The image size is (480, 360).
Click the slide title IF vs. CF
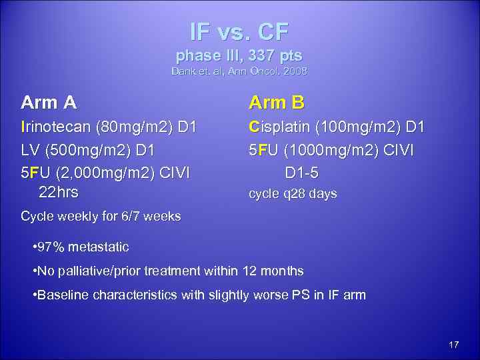pos(239,31)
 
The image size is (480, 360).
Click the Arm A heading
pos(49,103)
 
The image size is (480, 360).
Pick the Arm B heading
pos(277,103)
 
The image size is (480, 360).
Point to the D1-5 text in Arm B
pos(301,173)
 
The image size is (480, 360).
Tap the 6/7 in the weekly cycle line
pos(127,216)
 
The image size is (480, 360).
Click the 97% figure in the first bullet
pos(51,247)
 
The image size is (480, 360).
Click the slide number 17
pos(454,345)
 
